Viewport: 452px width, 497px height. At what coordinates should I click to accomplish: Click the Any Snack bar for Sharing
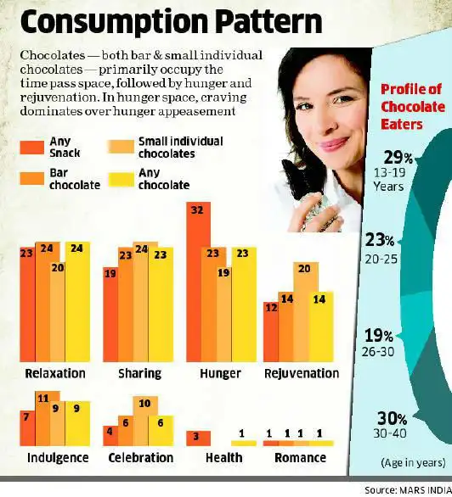pyautogui.click(x=110, y=313)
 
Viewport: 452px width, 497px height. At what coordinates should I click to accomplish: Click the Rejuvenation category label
pyautogui.click(x=301, y=373)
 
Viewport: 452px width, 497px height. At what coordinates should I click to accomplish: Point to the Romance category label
pyautogui.click(x=300, y=458)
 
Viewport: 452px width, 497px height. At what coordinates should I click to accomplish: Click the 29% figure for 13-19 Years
pyautogui.click(x=397, y=158)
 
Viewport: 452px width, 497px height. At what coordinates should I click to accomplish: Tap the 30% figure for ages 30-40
pyautogui.click(x=397, y=418)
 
